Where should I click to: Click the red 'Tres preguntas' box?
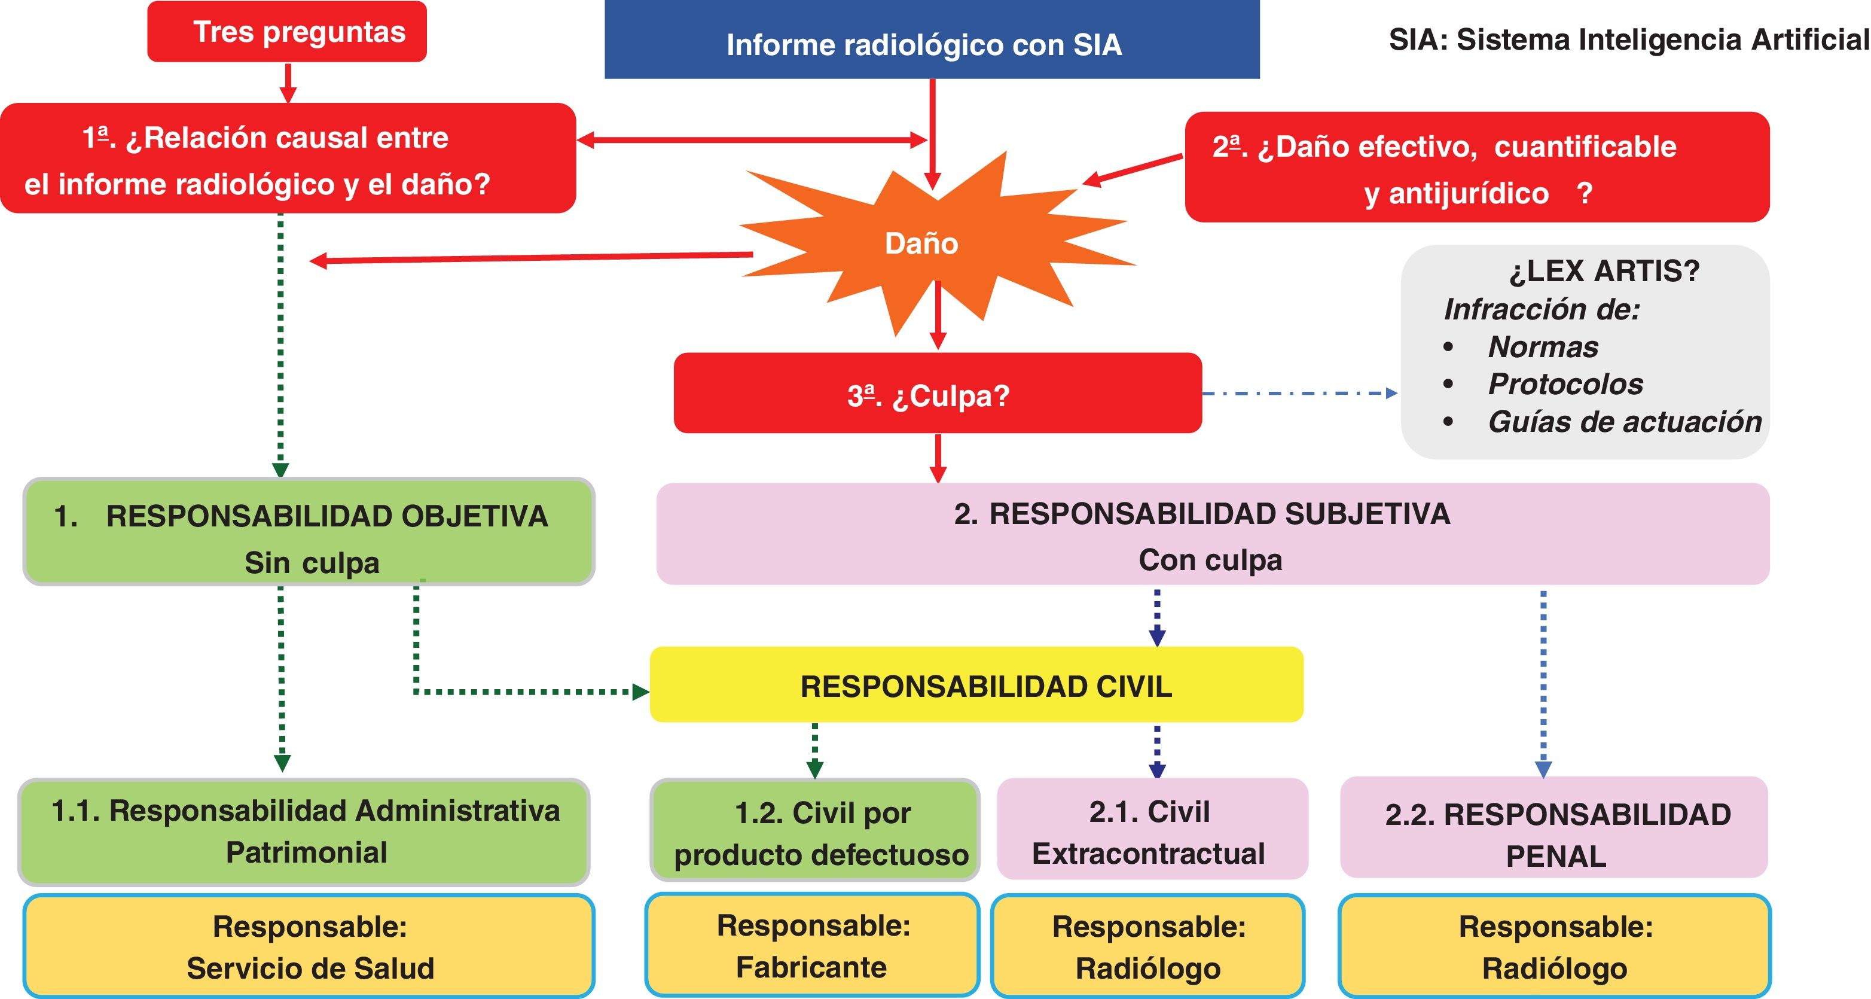click(287, 32)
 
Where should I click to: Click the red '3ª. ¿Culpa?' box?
click(937, 394)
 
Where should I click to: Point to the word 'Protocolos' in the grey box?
click(1565, 384)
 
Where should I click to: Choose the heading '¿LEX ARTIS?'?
click(1604, 271)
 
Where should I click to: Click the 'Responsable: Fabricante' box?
click(812, 945)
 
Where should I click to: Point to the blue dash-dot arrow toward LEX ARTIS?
click(1300, 393)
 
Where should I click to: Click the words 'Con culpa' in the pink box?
click(1210, 560)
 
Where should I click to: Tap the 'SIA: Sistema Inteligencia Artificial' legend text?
click(1628, 40)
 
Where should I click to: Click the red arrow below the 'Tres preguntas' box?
click(288, 83)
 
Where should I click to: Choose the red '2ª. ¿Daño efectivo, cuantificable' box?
click(1476, 167)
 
